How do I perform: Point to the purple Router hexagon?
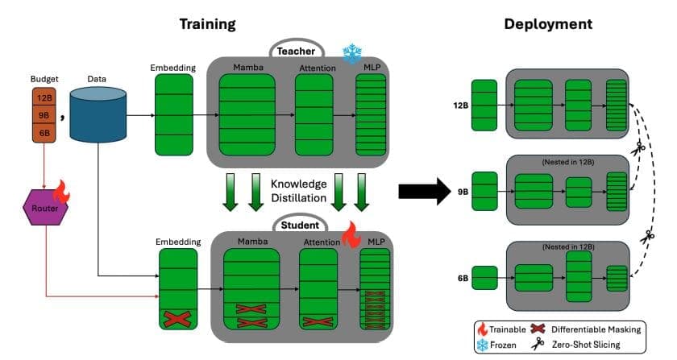[x=45, y=207]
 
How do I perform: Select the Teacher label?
[x=296, y=50]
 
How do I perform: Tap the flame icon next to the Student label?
[x=351, y=235]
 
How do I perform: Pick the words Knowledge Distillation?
[x=299, y=190]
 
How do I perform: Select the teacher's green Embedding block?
[x=174, y=114]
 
